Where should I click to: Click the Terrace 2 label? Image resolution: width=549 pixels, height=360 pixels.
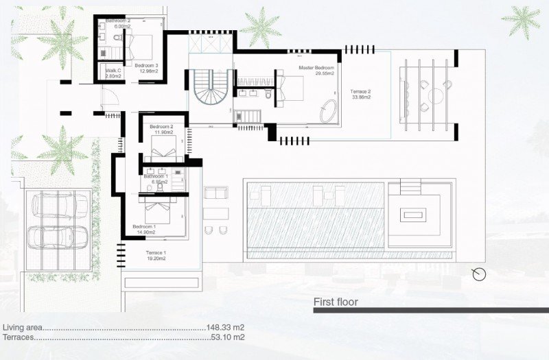pyautogui.click(x=360, y=95)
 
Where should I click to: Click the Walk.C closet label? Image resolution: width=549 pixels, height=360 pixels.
pyautogui.click(x=113, y=73)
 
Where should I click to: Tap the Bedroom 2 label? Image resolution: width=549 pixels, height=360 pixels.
pyautogui.click(x=162, y=129)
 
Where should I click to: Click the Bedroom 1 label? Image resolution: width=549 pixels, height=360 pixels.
pyautogui.click(x=144, y=230)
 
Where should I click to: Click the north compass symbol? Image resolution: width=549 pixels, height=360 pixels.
pyautogui.click(x=479, y=274)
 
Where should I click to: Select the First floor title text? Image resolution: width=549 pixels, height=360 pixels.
pyautogui.click(x=336, y=302)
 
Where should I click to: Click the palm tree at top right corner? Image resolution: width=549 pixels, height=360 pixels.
pyautogui.click(x=521, y=20)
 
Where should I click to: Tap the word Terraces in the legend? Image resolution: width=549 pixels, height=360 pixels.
pyautogui.click(x=18, y=337)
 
